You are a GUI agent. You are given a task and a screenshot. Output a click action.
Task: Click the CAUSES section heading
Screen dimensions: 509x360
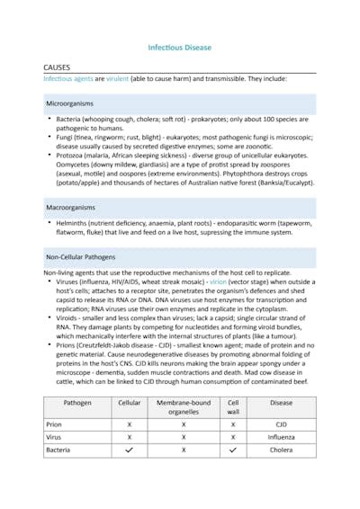[x=59, y=67]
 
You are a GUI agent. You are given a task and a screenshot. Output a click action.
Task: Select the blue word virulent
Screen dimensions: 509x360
[x=118, y=79]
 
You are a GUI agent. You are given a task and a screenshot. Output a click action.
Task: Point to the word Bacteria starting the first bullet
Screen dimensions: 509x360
[x=69, y=119]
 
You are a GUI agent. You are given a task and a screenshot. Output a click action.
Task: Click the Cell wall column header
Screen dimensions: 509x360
[x=233, y=408]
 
